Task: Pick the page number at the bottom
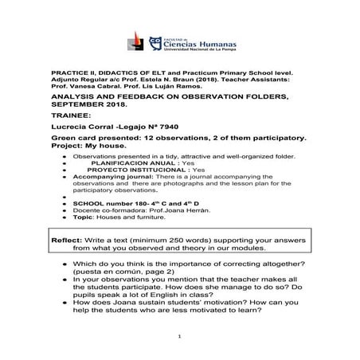pyautogui.click(x=180, y=337)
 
